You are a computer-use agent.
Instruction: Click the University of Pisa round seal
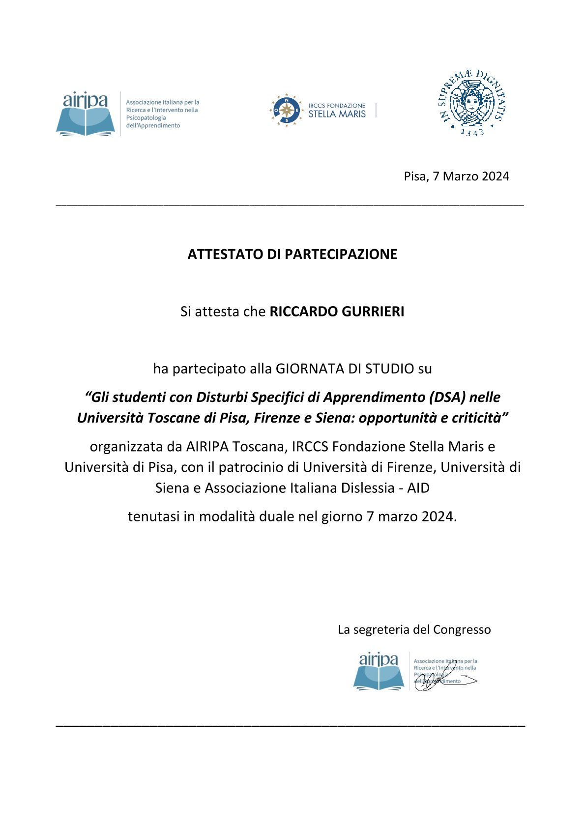coord(471,103)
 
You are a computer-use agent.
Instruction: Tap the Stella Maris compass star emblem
coord(286,110)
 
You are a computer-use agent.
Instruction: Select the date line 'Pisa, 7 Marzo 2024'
coord(456,176)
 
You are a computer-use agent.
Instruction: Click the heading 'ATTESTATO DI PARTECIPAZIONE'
coord(292,254)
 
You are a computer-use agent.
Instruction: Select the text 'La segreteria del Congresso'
coord(414,629)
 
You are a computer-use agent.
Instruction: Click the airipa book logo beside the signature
coord(379,671)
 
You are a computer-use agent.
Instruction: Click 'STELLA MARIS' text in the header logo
coord(337,114)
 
